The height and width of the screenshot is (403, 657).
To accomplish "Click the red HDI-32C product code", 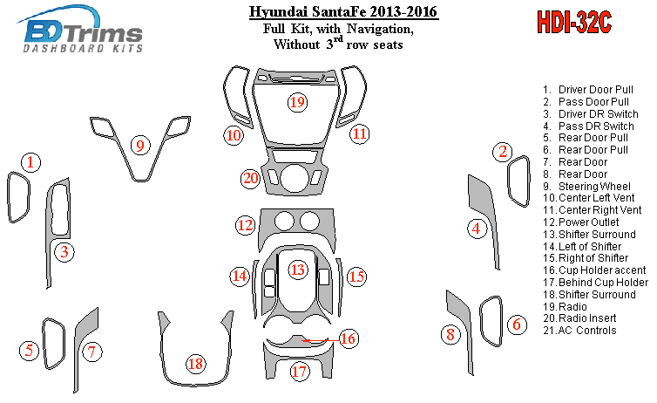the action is [574, 22].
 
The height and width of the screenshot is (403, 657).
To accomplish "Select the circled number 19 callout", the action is [297, 102].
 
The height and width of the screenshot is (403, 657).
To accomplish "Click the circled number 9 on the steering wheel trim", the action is [140, 146].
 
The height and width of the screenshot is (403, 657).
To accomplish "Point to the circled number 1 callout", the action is [30, 162].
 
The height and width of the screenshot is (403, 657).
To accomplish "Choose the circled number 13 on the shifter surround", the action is [298, 270].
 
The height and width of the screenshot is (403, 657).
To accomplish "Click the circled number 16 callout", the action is [349, 338].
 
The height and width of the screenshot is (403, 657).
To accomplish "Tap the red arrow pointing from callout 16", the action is [320, 340].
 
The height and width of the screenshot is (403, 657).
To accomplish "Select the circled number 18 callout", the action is [196, 364].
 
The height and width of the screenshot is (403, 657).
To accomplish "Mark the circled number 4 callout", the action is [477, 229].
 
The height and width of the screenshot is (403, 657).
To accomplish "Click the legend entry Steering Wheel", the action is [586, 186].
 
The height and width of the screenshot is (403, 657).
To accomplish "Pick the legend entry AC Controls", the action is [580, 331].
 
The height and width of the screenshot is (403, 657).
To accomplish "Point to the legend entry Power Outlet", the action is [581, 222].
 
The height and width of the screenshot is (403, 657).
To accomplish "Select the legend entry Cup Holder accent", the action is [594, 270].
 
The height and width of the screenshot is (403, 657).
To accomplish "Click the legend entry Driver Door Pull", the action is [588, 90].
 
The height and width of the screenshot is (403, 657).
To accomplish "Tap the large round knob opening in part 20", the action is [295, 178].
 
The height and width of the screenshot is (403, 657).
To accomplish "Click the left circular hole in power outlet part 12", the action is [285, 221].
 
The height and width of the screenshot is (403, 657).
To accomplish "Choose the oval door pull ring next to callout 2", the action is [518, 181].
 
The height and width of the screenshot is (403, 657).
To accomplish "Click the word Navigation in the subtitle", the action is [380, 30].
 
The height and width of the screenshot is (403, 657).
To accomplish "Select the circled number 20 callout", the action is [251, 178].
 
